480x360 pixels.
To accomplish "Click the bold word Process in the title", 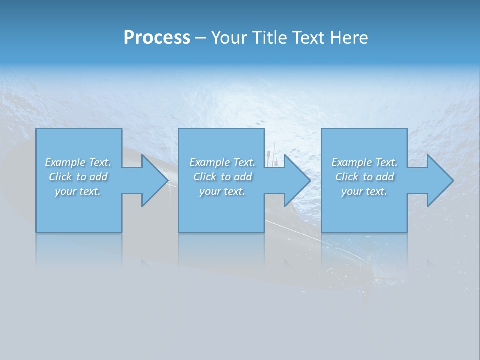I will pos(157,38).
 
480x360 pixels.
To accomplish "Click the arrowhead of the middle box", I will pos(296,180).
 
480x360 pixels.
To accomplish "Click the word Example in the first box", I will pos(65,162).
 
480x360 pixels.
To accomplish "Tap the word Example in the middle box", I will pos(210,162).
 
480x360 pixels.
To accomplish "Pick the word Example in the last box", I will pos(352,162).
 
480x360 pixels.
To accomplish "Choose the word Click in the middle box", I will pos(205,177).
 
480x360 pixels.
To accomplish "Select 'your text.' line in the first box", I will pos(78,191).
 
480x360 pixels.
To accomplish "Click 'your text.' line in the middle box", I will pos(222,191).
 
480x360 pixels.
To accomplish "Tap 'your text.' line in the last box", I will pos(364,191).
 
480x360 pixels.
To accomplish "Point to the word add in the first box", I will pos(99,177).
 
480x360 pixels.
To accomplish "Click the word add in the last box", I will pos(385,177).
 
